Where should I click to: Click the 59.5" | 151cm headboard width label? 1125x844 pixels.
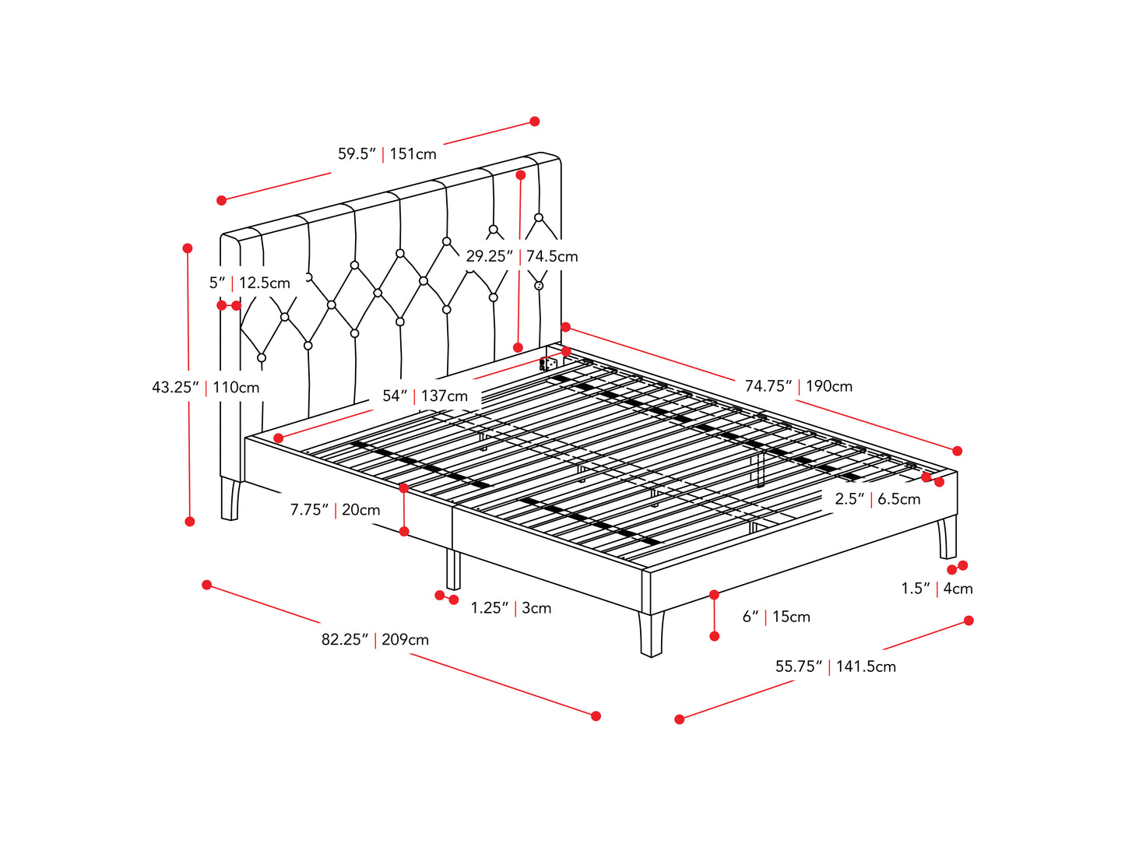pyautogui.click(x=387, y=153)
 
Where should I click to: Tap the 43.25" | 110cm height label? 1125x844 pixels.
pyautogui.click(x=206, y=387)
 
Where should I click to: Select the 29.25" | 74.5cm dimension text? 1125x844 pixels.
pyautogui.click(x=522, y=255)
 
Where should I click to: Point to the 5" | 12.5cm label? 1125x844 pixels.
pyautogui.click(x=250, y=283)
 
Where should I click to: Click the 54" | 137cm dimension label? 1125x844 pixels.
pyautogui.click(x=425, y=396)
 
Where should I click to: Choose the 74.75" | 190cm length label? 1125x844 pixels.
pyautogui.click(x=799, y=386)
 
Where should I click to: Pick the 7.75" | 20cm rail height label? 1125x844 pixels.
pyautogui.click(x=336, y=509)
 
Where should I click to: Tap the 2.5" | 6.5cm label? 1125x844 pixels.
pyautogui.click(x=877, y=498)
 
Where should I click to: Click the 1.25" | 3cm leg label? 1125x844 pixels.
pyautogui.click(x=511, y=608)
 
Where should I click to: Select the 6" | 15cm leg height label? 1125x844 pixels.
pyautogui.click(x=776, y=617)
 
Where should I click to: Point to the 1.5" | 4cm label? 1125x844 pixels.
pyautogui.click(x=937, y=589)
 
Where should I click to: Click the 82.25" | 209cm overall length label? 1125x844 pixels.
pyautogui.click(x=375, y=639)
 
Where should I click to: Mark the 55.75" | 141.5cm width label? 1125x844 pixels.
pyautogui.click(x=836, y=666)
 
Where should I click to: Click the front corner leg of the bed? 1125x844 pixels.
pyautogui.click(x=652, y=635)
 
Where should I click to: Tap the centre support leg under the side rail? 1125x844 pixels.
pyautogui.click(x=453, y=569)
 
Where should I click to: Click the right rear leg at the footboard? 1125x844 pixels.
pyautogui.click(x=947, y=537)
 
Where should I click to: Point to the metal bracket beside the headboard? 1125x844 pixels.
pyautogui.click(x=548, y=364)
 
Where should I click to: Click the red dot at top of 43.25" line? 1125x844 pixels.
pyautogui.click(x=188, y=248)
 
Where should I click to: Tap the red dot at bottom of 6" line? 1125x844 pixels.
pyautogui.click(x=715, y=636)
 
